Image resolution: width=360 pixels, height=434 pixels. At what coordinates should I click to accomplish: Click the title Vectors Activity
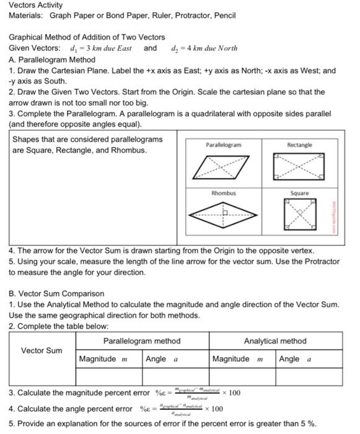coord(35,5)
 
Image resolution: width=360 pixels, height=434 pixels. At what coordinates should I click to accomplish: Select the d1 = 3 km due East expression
coord(98,48)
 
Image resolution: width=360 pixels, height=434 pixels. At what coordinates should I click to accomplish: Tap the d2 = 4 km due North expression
coord(204,48)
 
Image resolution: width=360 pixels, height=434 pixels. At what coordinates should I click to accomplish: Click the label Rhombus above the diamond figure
coord(224,193)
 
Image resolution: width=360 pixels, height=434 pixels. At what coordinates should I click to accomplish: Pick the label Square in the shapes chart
coord(299,193)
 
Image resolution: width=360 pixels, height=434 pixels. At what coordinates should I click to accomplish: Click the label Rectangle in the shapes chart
coord(299,145)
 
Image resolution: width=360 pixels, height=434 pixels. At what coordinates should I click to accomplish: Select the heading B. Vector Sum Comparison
coord(56,293)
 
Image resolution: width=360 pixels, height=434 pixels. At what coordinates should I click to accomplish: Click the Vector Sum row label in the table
coord(42,351)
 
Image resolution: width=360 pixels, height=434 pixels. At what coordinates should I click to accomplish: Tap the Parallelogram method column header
coord(142,341)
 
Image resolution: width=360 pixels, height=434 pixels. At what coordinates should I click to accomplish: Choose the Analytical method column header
coord(275,341)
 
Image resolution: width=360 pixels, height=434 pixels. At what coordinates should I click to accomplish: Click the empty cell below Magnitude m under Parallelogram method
coord(108,376)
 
